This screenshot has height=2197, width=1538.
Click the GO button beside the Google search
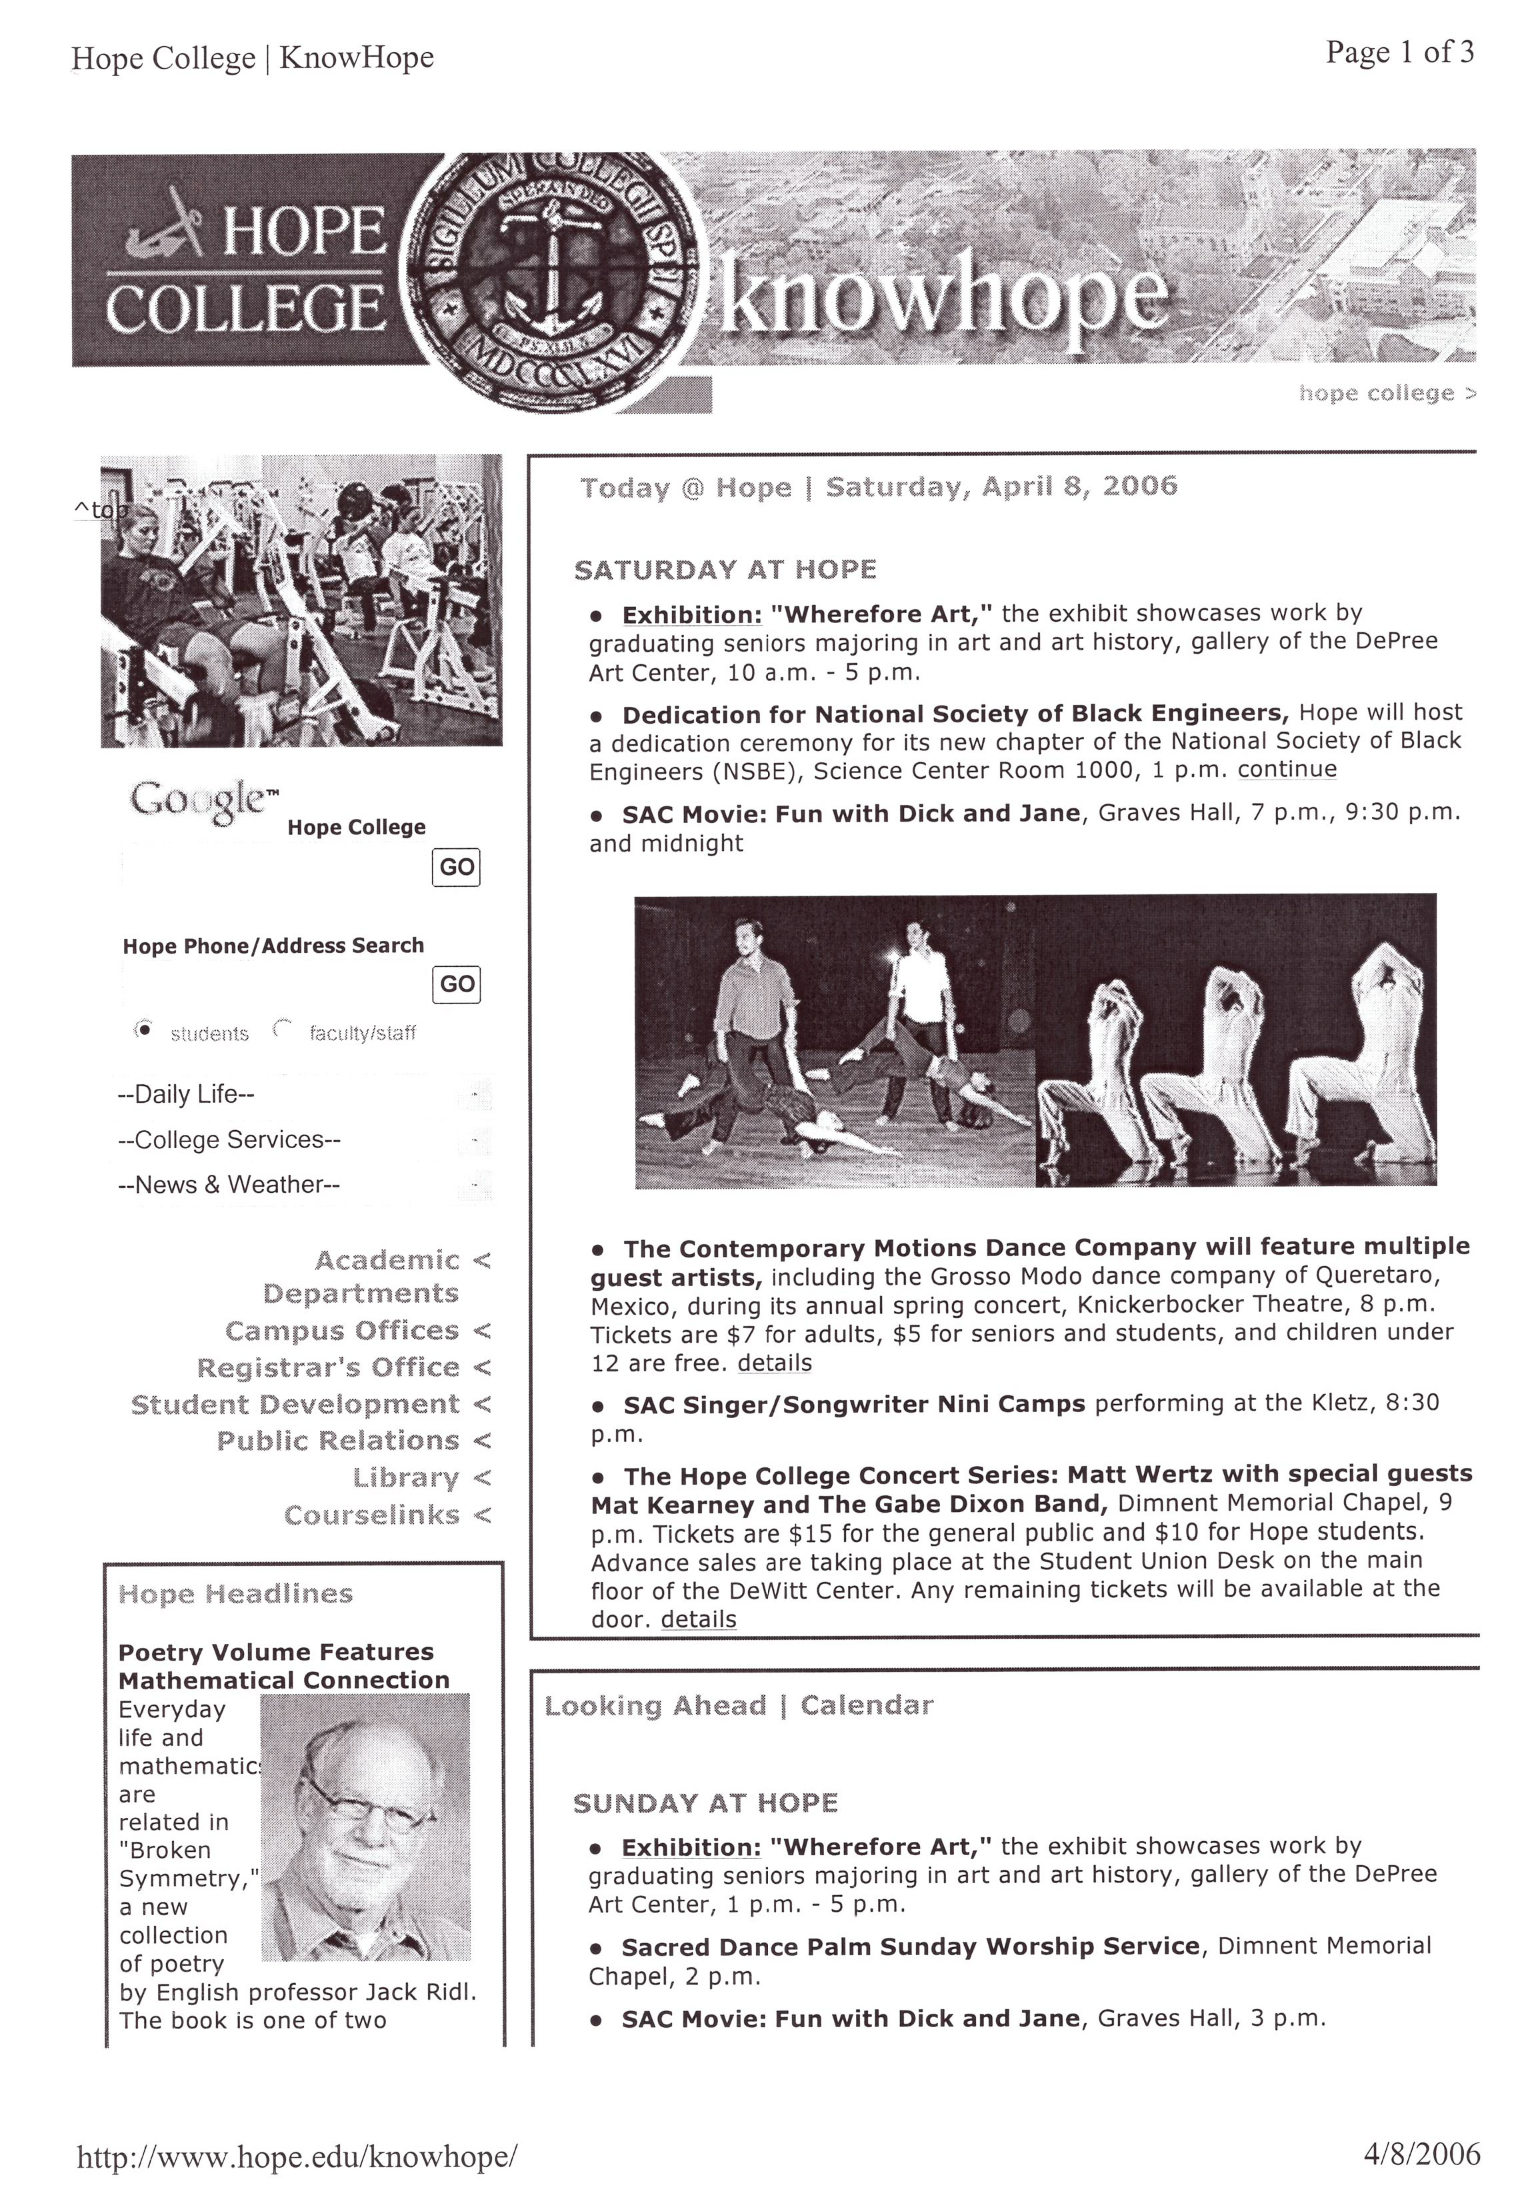click(455, 867)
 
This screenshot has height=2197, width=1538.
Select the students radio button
click(143, 1030)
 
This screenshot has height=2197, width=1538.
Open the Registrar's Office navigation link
click(328, 1367)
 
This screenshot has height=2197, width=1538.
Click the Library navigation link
click(406, 1477)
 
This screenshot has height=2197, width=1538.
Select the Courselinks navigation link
click(371, 1515)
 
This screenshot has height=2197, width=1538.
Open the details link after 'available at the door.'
click(698, 1619)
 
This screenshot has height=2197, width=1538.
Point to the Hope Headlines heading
click(235, 1593)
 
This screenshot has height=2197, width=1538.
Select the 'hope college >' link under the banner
click(1387, 393)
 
